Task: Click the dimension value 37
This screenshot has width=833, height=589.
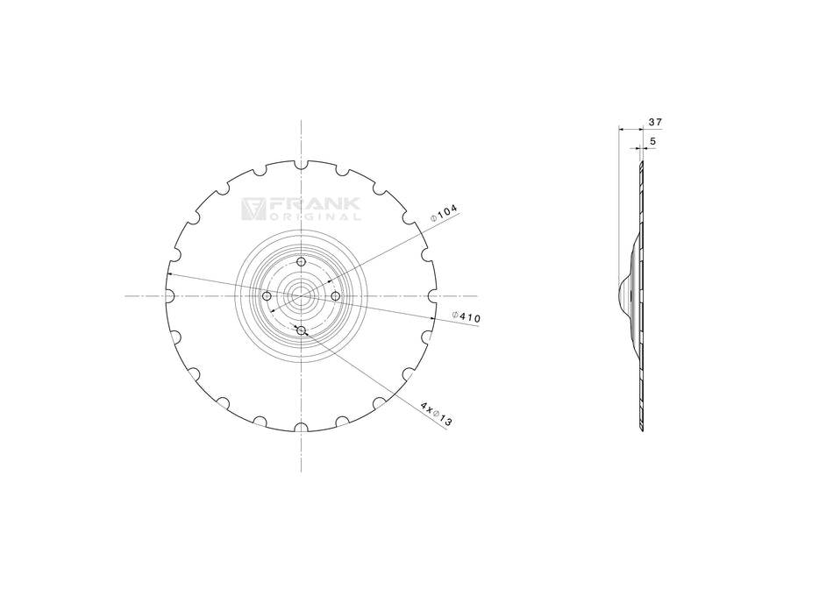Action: (654, 122)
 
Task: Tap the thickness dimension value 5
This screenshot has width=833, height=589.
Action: (652, 140)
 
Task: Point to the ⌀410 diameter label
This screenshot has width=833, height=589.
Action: (466, 317)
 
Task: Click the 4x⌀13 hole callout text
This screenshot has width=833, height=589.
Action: (436, 415)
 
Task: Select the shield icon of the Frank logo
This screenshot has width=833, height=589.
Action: (253, 208)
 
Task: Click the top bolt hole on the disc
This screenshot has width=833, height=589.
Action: (301, 262)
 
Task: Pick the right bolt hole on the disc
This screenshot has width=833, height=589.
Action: (335, 296)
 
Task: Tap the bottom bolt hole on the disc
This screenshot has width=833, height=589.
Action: (301, 330)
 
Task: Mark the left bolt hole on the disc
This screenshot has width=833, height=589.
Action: (267, 296)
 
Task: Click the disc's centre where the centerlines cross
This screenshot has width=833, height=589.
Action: (301, 296)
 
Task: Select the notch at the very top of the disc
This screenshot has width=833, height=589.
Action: (301, 164)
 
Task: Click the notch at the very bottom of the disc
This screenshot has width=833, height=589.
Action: (301, 429)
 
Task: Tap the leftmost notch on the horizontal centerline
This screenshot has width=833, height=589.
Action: (169, 296)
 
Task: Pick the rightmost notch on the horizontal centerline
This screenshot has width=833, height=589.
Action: (432, 296)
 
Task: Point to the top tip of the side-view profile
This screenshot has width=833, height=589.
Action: (641, 163)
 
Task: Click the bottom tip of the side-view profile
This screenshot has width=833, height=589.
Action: (641, 429)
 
